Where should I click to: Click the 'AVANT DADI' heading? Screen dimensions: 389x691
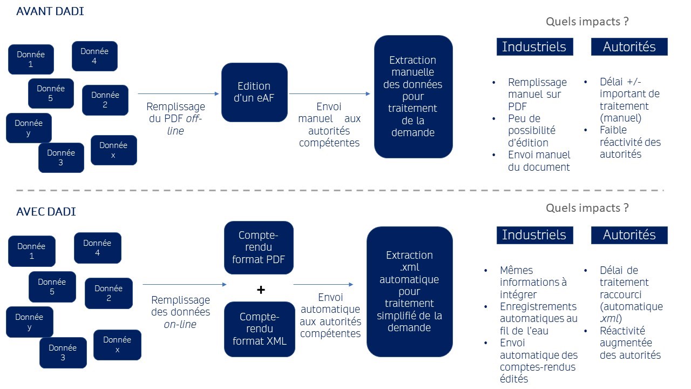(50, 11)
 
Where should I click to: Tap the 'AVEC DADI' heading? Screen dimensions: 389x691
(46, 212)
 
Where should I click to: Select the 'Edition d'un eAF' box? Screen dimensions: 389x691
(254, 92)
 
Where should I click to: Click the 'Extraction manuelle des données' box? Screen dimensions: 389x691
(413, 97)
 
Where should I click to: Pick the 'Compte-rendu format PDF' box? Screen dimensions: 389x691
(259, 247)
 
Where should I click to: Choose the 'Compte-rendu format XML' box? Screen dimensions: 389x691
(260, 329)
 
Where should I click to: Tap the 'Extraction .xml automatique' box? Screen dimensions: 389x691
(409, 291)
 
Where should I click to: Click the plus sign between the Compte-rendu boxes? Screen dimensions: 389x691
(261, 290)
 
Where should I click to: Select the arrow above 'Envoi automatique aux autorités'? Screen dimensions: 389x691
(323, 285)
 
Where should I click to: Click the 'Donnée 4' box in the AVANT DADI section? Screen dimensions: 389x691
(94, 56)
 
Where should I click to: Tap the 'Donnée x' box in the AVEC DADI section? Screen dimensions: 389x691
(117, 345)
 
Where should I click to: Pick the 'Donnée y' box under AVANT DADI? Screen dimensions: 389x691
(29, 128)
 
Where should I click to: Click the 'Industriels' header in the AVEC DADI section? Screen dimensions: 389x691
(534, 234)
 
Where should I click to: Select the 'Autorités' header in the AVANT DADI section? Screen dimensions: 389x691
(629, 46)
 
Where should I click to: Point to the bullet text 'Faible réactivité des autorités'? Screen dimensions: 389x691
(630, 142)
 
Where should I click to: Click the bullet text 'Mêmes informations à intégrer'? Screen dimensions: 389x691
(533, 282)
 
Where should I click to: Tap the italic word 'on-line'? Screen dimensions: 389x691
(180, 324)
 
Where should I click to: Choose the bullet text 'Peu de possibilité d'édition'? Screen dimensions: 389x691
(532, 130)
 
